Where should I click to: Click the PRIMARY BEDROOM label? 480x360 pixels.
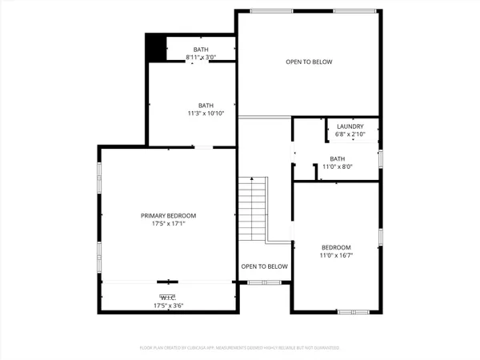coord(168,216)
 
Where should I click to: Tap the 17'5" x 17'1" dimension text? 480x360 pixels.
coord(168,224)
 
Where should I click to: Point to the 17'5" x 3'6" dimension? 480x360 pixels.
coord(168,306)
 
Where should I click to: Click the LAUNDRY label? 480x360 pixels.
coord(350,126)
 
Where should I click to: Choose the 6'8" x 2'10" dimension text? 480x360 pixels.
coord(350,134)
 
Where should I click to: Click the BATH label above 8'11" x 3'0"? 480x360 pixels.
coord(200,50)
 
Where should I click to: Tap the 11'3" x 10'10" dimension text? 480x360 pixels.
coord(206,114)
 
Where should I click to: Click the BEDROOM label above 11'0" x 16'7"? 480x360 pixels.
coord(337,247)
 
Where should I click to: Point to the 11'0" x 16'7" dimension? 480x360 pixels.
coord(337,255)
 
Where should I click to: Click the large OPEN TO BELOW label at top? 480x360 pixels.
coord(309,62)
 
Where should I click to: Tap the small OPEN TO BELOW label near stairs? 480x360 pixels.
coord(264,266)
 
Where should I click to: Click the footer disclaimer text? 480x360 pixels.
coord(239,348)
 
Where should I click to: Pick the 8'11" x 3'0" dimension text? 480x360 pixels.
coord(200,58)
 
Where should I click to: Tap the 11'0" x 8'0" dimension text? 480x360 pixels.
coord(337,166)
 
